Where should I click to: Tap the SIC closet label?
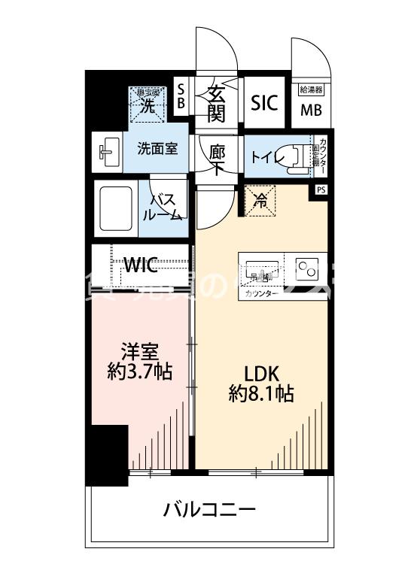click(265, 103)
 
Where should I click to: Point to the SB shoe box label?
click(181, 97)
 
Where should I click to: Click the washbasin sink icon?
click(107, 151)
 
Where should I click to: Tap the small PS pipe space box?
click(321, 190)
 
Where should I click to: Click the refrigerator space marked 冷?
click(260, 200)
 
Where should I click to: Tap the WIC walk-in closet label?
click(141, 265)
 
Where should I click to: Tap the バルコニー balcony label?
click(209, 511)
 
